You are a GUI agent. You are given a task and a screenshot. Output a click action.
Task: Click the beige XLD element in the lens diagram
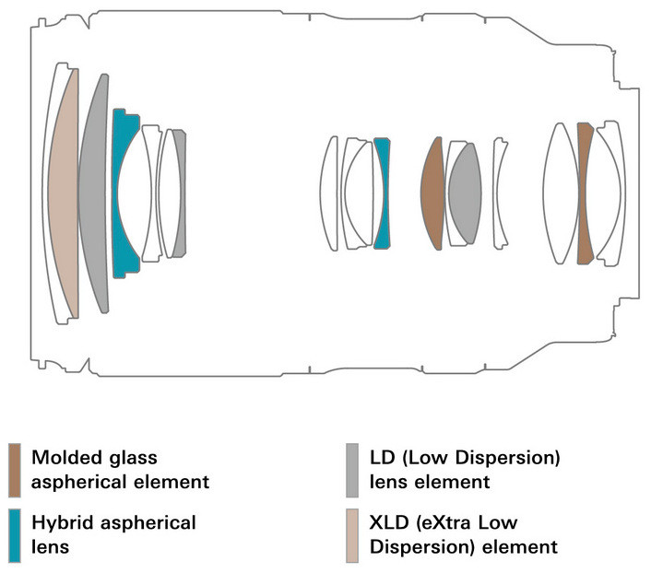[65, 193]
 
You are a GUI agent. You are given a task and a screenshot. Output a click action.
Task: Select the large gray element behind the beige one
[93, 193]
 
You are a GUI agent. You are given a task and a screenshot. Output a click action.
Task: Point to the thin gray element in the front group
[181, 193]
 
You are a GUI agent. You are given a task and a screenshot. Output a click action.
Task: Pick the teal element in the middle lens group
[383, 193]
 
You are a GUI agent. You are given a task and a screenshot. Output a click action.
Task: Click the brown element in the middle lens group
[432, 193]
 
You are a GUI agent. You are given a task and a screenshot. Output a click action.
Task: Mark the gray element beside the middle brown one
[466, 193]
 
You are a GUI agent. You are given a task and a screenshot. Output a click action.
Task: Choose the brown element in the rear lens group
[584, 193]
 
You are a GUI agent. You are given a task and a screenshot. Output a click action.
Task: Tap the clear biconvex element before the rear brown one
[560, 193]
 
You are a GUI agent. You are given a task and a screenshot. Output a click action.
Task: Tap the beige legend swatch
[351, 535]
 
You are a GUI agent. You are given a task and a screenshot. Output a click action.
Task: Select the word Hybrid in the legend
[62, 523]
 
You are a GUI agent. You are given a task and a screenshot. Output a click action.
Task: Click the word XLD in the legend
[388, 523]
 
